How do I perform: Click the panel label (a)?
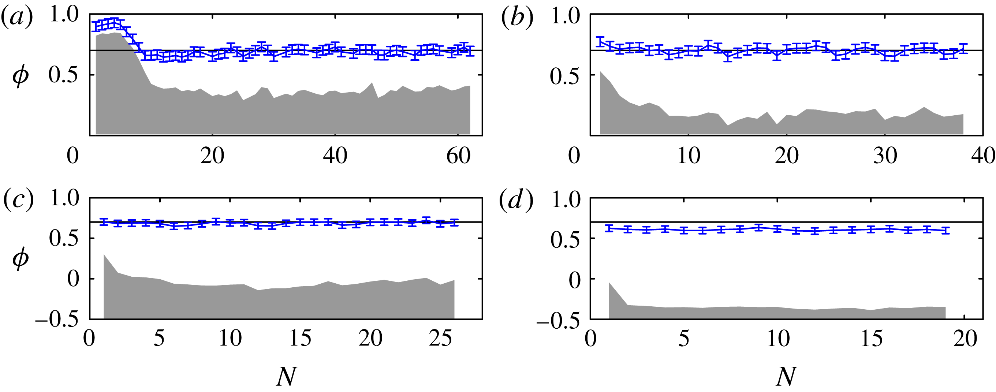16,18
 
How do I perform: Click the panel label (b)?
516,18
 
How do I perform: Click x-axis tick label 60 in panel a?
458,156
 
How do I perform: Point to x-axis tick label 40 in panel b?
982,156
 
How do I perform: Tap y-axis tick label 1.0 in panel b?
565,17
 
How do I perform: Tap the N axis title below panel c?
287,376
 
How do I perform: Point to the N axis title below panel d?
786,376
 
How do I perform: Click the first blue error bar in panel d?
609,228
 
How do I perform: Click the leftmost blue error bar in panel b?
600,41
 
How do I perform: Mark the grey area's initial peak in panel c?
104,255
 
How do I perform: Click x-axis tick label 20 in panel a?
212,156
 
